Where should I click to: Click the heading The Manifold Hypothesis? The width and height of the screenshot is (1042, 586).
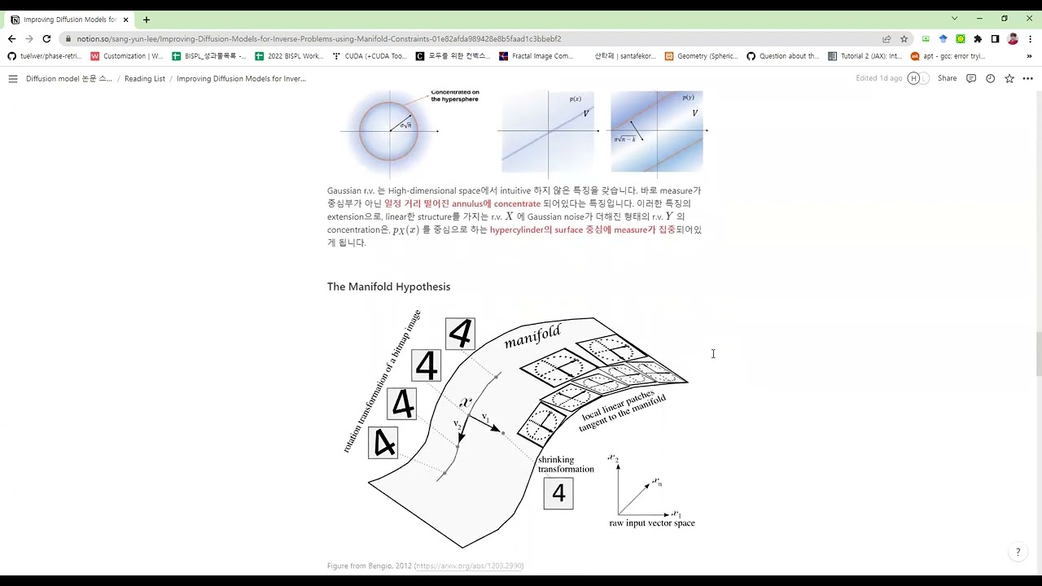(x=388, y=286)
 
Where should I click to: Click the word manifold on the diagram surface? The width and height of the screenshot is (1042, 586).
(x=532, y=336)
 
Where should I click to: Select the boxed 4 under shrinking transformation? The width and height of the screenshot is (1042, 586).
(x=558, y=493)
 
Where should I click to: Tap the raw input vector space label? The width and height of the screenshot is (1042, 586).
(x=651, y=523)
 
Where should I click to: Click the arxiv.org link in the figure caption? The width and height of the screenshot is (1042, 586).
(x=468, y=566)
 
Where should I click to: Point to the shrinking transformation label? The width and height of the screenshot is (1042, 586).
(x=565, y=464)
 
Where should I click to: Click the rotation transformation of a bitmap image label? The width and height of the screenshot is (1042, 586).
(x=381, y=381)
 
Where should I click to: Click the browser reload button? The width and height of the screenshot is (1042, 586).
(x=46, y=38)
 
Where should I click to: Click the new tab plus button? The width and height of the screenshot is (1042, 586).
(x=147, y=20)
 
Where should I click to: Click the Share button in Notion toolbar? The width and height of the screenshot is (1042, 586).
(x=947, y=78)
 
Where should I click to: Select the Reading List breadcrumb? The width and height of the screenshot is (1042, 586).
(x=144, y=79)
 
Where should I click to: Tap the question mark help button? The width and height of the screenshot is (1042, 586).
(x=1017, y=553)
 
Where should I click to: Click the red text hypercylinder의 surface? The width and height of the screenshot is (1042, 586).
(x=536, y=230)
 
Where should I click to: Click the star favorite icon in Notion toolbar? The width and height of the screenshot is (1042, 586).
(x=1009, y=78)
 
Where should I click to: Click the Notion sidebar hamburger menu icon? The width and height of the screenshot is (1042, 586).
(x=13, y=79)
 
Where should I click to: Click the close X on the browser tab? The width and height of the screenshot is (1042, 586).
(x=125, y=20)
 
